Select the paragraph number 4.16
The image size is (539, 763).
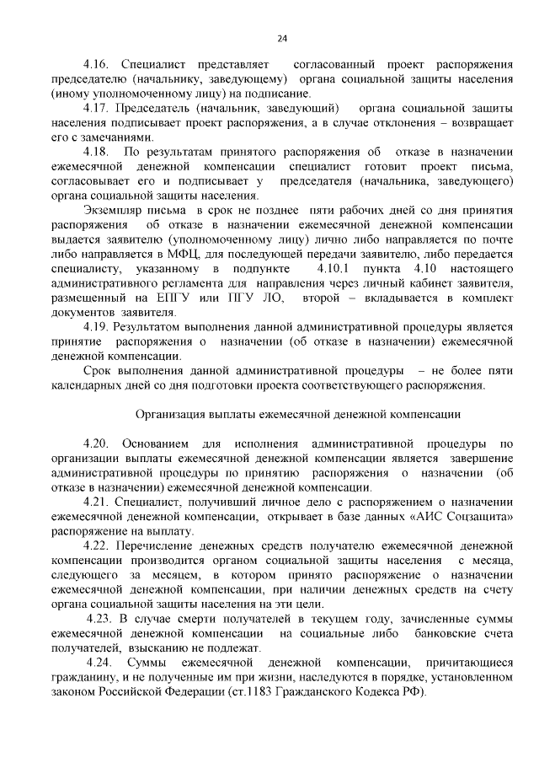(98, 64)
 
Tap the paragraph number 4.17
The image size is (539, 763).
(98, 109)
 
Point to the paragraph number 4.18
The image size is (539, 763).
(98, 152)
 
